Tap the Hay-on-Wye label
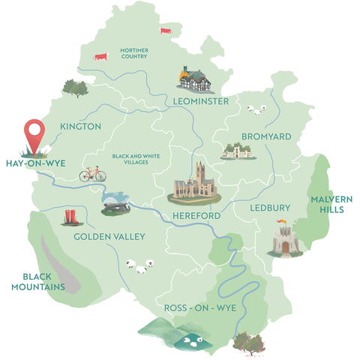pos(31,162)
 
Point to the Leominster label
pos(200,101)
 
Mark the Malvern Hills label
pos(327,204)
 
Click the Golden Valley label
pos(109,237)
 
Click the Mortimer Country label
pos(133,54)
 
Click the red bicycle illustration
pos(92,175)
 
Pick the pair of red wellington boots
pos(72,217)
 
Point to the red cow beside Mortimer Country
pos(100,56)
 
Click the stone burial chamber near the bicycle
pos(118,203)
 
